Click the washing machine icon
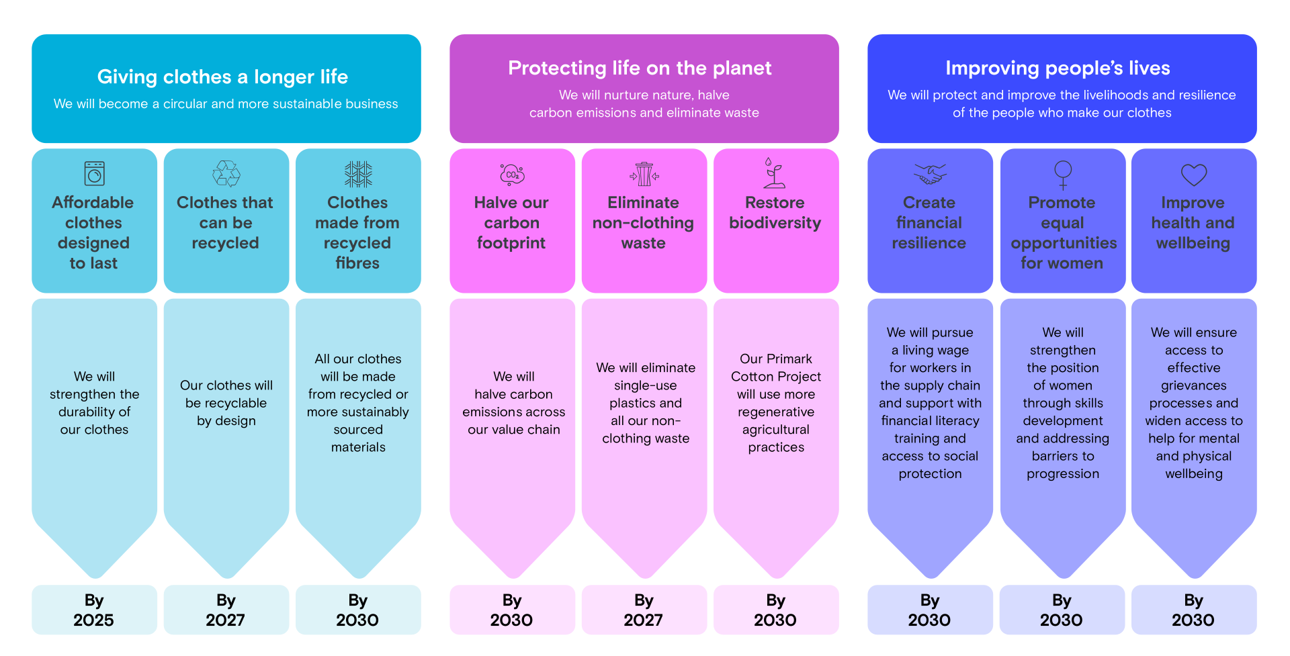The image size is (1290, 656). [x=94, y=173]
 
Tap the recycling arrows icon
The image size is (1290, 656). [x=226, y=173]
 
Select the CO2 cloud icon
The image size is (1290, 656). [x=512, y=174]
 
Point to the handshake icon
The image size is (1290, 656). [x=930, y=174]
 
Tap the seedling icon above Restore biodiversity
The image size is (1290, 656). [x=774, y=173]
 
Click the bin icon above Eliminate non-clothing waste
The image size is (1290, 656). [x=644, y=174]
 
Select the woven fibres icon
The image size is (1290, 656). [x=358, y=174]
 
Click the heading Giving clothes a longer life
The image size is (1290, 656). [x=222, y=77]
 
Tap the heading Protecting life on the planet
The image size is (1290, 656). [x=640, y=68]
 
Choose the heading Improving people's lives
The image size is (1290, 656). [x=1058, y=68]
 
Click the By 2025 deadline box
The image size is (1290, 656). [x=94, y=610]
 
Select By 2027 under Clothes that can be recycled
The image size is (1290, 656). [x=226, y=610]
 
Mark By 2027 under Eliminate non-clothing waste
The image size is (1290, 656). [x=644, y=610]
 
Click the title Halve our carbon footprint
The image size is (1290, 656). [x=511, y=222]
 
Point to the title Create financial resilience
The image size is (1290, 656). [x=929, y=222]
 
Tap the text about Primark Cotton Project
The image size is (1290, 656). [x=776, y=403]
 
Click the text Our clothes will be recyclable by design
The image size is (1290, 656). [x=226, y=403]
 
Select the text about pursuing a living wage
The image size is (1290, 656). [x=930, y=403]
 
